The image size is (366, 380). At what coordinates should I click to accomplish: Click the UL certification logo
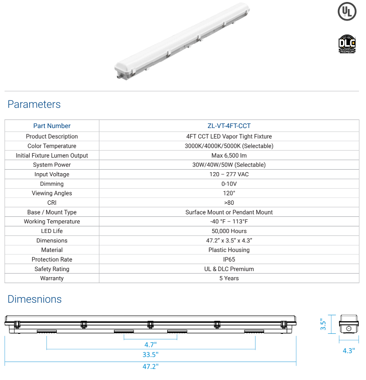click(x=347, y=12)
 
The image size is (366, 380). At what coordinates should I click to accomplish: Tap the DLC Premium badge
click(x=347, y=44)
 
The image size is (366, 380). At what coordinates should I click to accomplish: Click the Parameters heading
click(x=34, y=104)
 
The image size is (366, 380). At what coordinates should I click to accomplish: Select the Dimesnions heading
click(x=35, y=299)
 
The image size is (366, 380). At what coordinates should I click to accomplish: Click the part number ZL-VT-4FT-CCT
click(x=229, y=126)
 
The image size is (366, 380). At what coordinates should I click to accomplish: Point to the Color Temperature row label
click(x=52, y=146)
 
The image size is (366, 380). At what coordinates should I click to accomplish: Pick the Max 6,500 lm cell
click(x=229, y=156)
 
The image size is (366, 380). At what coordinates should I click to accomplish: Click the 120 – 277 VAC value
click(x=229, y=174)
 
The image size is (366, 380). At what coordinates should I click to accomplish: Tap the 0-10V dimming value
click(x=229, y=184)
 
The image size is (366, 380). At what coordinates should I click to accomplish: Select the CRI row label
click(x=52, y=203)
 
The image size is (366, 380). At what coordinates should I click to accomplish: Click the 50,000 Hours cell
click(x=229, y=231)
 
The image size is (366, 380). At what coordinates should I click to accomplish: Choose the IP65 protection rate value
click(x=229, y=260)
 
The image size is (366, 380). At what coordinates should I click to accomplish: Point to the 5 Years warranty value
click(x=229, y=278)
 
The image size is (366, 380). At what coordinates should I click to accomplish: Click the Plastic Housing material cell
click(x=229, y=250)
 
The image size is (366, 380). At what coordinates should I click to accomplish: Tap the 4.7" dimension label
click(x=150, y=345)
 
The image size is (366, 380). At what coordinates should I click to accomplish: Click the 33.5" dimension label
click(x=150, y=355)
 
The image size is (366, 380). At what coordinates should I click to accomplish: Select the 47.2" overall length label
click(x=150, y=367)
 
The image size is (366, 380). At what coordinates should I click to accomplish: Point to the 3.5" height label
click(x=324, y=325)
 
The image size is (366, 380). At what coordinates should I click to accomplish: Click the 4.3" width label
click(x=348, y=350)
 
